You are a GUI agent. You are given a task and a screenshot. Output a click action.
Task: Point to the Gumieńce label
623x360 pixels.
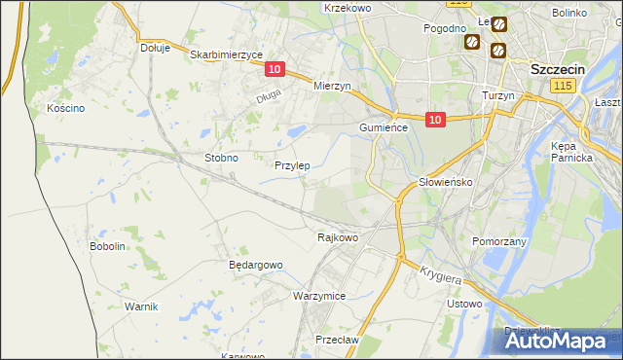(388, 127)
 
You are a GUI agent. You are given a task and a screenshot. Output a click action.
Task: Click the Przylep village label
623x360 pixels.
(292, 165)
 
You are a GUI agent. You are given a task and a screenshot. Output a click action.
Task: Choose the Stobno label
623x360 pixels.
(221, 157)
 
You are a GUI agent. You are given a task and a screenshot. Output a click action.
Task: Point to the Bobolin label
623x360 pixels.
(108, 246)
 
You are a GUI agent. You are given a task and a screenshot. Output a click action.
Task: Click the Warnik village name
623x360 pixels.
(141, 306)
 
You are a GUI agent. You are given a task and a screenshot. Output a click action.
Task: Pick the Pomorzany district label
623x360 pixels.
(499, 241)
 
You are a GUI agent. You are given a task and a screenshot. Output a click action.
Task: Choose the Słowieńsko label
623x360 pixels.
(445, 182)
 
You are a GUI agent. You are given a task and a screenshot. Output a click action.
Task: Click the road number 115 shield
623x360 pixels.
(562, 87)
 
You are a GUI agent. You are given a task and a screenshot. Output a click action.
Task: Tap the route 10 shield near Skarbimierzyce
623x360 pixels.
(275, 69)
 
